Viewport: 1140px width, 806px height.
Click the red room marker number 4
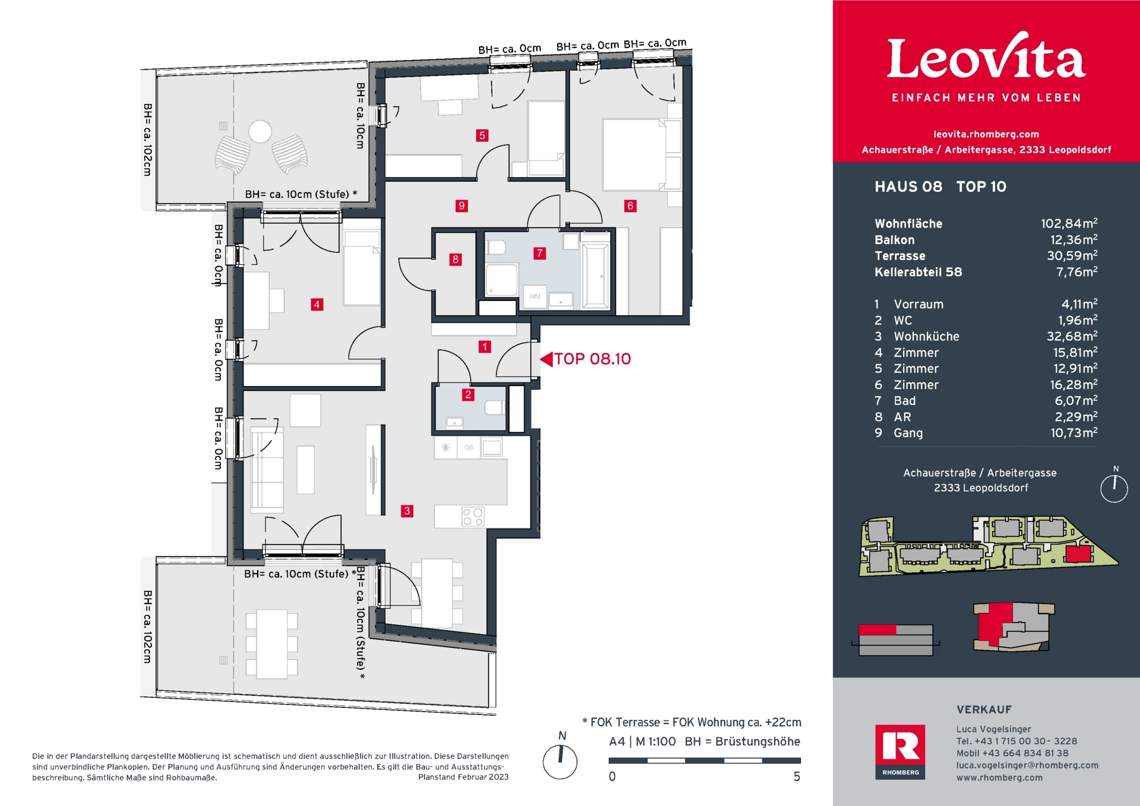[317, 305]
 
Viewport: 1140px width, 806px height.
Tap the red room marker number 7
[540, 254]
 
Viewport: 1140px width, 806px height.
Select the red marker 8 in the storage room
[455, 260]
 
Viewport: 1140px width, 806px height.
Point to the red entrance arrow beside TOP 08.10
[546, 359]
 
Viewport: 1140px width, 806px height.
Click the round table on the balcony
[260, 132]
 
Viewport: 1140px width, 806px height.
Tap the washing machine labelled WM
[535, 296]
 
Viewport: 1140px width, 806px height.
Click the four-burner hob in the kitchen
[473, 517]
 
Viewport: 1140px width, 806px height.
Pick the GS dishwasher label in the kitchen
[469, 447]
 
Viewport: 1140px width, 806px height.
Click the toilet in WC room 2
[495, 407]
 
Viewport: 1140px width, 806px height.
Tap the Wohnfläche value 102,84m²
[1069, 223]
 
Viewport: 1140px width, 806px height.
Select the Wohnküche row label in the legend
[926, 337]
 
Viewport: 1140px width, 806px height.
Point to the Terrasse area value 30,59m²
[1072, 256]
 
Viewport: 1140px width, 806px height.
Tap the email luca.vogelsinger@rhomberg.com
[1027, 766]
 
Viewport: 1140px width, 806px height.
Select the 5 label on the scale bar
[797, 777]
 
